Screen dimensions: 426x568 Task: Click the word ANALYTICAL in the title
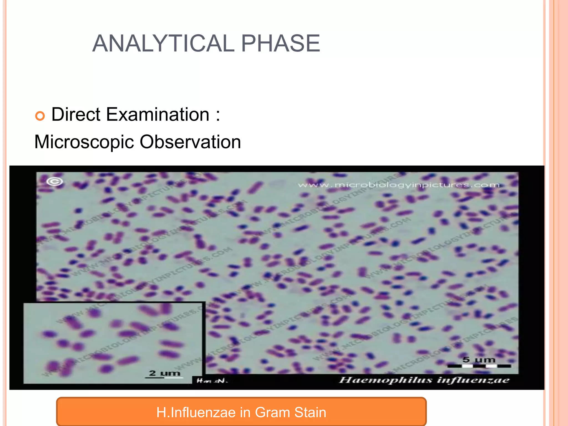point(163,44)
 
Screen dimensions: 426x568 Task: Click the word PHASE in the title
point(280,44)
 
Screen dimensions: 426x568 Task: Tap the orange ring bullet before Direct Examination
point(40,116)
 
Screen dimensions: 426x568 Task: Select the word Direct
point(76,114)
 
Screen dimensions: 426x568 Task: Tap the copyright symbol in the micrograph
point(55,182)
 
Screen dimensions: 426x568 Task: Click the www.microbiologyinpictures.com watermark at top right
point(399,185)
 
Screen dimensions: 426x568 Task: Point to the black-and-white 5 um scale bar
point(479,366)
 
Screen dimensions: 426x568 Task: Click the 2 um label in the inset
point(164,373)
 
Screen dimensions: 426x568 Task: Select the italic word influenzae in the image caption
point(473,380)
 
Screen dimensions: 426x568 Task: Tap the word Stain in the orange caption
point(310,412)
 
